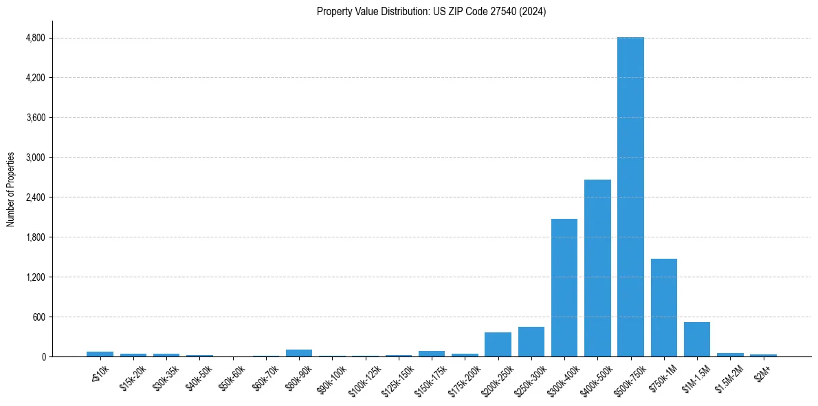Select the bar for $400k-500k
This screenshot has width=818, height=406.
[597, 268]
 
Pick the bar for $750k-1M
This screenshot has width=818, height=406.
[663, 308]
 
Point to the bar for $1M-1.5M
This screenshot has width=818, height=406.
[696, 339]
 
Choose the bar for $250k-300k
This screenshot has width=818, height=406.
[531, 342]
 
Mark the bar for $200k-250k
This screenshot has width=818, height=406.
[498, 345]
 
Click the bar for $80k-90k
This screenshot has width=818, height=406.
[299, 353]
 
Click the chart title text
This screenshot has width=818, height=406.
[431, 12]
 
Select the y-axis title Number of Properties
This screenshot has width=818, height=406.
[11, 189]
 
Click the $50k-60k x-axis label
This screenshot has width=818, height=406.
[232, 377]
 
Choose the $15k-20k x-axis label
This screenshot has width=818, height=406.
[133, 377]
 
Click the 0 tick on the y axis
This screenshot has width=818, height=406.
[43, 357]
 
